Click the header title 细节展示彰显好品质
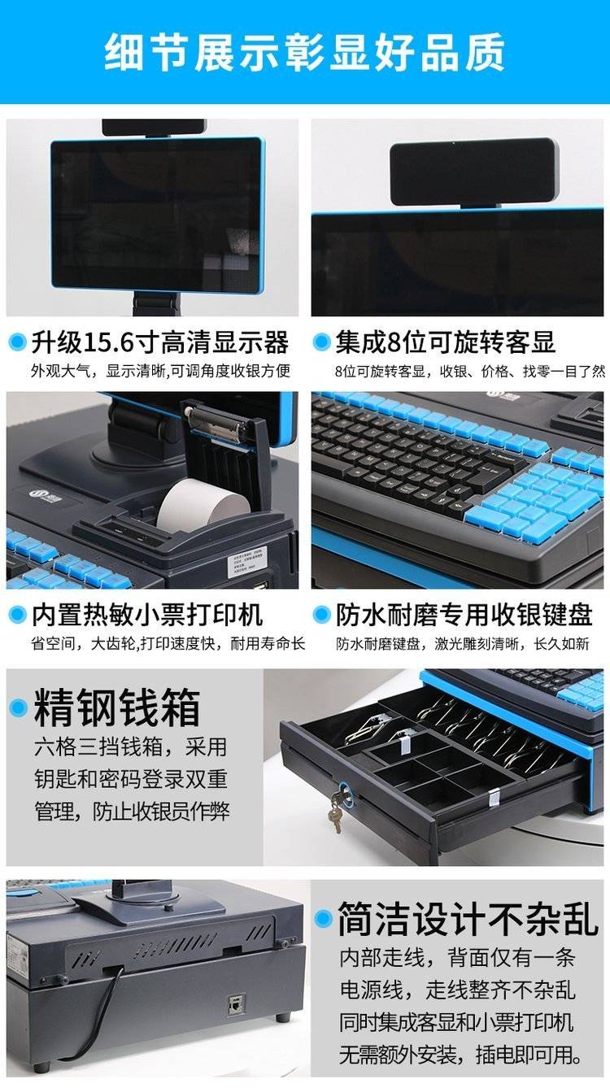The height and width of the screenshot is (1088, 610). [x=304, y=52]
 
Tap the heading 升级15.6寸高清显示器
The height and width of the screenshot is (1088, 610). [x=160, y=342]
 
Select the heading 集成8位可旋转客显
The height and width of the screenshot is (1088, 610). [x=445, y=342]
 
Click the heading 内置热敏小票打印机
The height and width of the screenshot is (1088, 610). [x=147, y=615]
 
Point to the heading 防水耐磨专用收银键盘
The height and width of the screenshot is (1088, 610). [x=464, y=615]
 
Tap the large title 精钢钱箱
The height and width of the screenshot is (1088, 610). [x=116, y=707]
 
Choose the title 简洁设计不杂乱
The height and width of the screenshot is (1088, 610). [x=468, y=918]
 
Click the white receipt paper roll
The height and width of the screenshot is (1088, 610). [x=203, y=505]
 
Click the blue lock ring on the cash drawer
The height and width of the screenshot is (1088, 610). [x=346, y=791]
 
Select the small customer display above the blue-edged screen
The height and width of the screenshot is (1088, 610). [x=473, y=172]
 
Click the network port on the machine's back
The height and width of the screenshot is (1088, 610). [x=237, y=1006]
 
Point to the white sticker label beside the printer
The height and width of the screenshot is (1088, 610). [x=248, y=563]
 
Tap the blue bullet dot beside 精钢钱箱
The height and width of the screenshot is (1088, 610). [x=18, y=707]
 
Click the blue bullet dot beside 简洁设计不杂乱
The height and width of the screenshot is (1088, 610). [x=324, y=919]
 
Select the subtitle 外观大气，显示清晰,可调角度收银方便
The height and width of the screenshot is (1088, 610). [x=160, y=371]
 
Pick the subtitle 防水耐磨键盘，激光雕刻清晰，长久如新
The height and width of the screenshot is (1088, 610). [x=462, y=644]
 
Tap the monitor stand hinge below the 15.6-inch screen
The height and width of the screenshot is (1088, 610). [x=156, y=303]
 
